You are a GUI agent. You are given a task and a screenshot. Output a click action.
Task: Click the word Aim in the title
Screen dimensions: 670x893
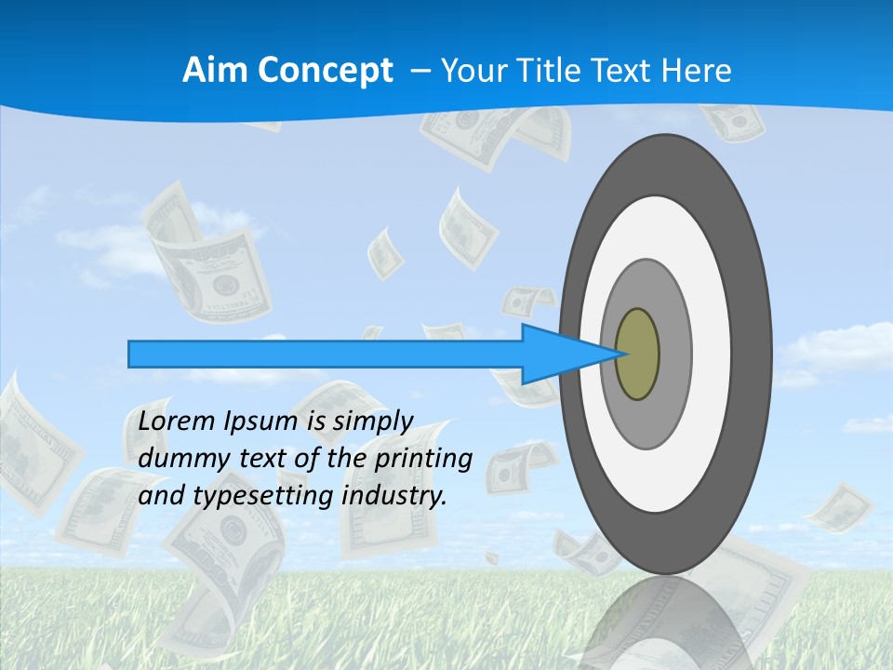[215, 71]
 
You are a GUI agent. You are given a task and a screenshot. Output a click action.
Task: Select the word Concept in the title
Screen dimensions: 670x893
[325, 71]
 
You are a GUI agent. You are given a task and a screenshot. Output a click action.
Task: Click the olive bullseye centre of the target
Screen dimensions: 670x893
[637, 355]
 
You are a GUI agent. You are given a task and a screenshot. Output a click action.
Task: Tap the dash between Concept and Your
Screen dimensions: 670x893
[420, 71]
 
